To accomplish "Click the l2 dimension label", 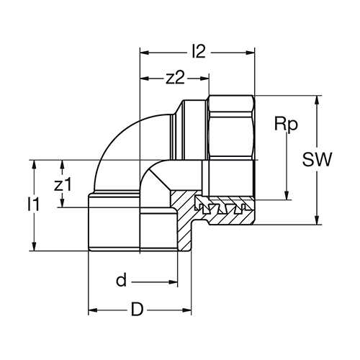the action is [x=199, y=51].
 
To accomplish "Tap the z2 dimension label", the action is [x=176, y=78].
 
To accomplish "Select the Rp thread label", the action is [x=286, y=125].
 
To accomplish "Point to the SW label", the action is [x=318, y=159].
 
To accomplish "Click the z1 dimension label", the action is [x=63, y=185].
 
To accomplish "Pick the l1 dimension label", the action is [x=33, y=204].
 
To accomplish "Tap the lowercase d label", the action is [x=121, y=280].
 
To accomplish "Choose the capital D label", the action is [x=138, y=310].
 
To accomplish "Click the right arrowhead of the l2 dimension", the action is [x=250, y=53].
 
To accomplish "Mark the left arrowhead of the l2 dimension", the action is [x=145, y=53].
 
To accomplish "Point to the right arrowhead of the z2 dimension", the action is [x=204, y=78].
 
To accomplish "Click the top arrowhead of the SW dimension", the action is [x=317, y=100].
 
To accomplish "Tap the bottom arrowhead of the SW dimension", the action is [x=317, y=220].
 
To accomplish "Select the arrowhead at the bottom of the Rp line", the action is [x=287, y=195].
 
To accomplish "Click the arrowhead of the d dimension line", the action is [x=173, y=282].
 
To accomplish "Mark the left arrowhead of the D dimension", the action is [x=93, y=310].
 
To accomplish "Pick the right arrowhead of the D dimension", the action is [x=186, y=310].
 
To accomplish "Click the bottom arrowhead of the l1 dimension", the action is [x=35, y=246].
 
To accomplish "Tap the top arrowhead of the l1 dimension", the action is [x=35, y=165].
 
